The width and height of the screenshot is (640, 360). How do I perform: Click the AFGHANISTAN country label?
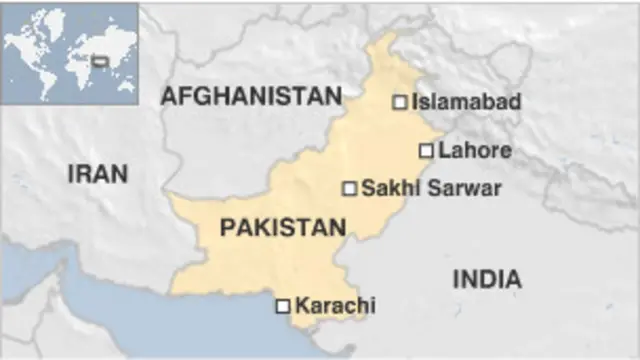(251, 97)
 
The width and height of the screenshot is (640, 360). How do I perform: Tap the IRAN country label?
(97, 174)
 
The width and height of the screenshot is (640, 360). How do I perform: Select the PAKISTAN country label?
(282, 228)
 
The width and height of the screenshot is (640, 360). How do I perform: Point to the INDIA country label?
(487, 279)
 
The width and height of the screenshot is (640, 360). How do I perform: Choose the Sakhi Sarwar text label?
(431, 188)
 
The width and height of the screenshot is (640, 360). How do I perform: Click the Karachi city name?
(336, 306)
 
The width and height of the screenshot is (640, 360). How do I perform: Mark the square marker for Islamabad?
(399, 102)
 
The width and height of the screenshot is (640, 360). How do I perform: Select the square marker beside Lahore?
(426, 151)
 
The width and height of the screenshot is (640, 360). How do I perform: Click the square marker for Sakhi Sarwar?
(349, 188)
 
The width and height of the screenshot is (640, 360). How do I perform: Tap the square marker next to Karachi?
(283, 306)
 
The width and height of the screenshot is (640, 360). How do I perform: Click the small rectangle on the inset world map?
(100, 61)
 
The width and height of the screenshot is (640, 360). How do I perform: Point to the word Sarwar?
(465, 188)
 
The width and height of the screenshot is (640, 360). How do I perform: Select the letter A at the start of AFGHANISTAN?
(169, 97)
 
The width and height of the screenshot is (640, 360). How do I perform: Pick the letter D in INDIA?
(487, 279)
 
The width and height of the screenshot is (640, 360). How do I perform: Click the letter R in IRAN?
(85, 174)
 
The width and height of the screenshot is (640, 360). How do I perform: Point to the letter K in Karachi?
(303, 306)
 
